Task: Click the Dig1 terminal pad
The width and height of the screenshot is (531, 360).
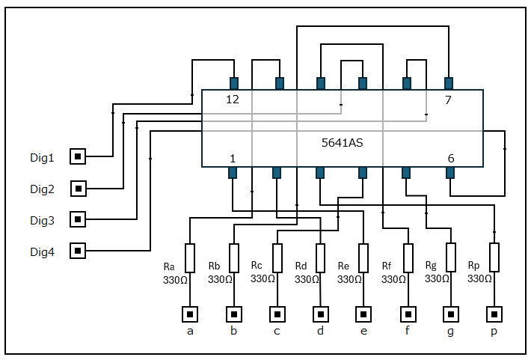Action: pos(78,156)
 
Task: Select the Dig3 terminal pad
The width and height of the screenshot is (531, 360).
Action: pos(78,219)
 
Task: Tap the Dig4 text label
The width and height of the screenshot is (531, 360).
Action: pos(42,252)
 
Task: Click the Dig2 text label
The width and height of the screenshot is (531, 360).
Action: pos(42,189)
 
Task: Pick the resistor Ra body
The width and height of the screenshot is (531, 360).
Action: pos(190,258)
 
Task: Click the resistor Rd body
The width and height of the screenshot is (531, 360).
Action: pos(320,258)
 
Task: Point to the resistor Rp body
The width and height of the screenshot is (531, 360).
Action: pos(494,257)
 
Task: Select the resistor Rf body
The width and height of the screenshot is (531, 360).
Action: pos(408,258)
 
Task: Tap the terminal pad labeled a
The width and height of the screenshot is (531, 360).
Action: pos(190,314)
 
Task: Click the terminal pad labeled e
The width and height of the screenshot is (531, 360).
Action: pos(363,314)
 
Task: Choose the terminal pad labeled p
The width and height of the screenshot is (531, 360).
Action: pos(494,314)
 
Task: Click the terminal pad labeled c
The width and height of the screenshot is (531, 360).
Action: pos(277,314)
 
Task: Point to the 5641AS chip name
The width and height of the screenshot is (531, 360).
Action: pos(342,143)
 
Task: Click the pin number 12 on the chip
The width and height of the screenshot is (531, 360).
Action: pos(233,100)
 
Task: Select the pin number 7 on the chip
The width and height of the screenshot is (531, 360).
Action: pos(448,100)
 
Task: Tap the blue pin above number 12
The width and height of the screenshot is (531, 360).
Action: pos(234,83)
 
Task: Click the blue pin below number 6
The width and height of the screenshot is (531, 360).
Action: pos(450,173)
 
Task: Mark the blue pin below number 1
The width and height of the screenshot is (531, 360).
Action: pos(233,173)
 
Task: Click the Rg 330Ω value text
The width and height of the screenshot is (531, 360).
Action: pos(437,278)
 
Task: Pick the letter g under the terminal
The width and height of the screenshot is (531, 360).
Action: pos(451,331)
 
